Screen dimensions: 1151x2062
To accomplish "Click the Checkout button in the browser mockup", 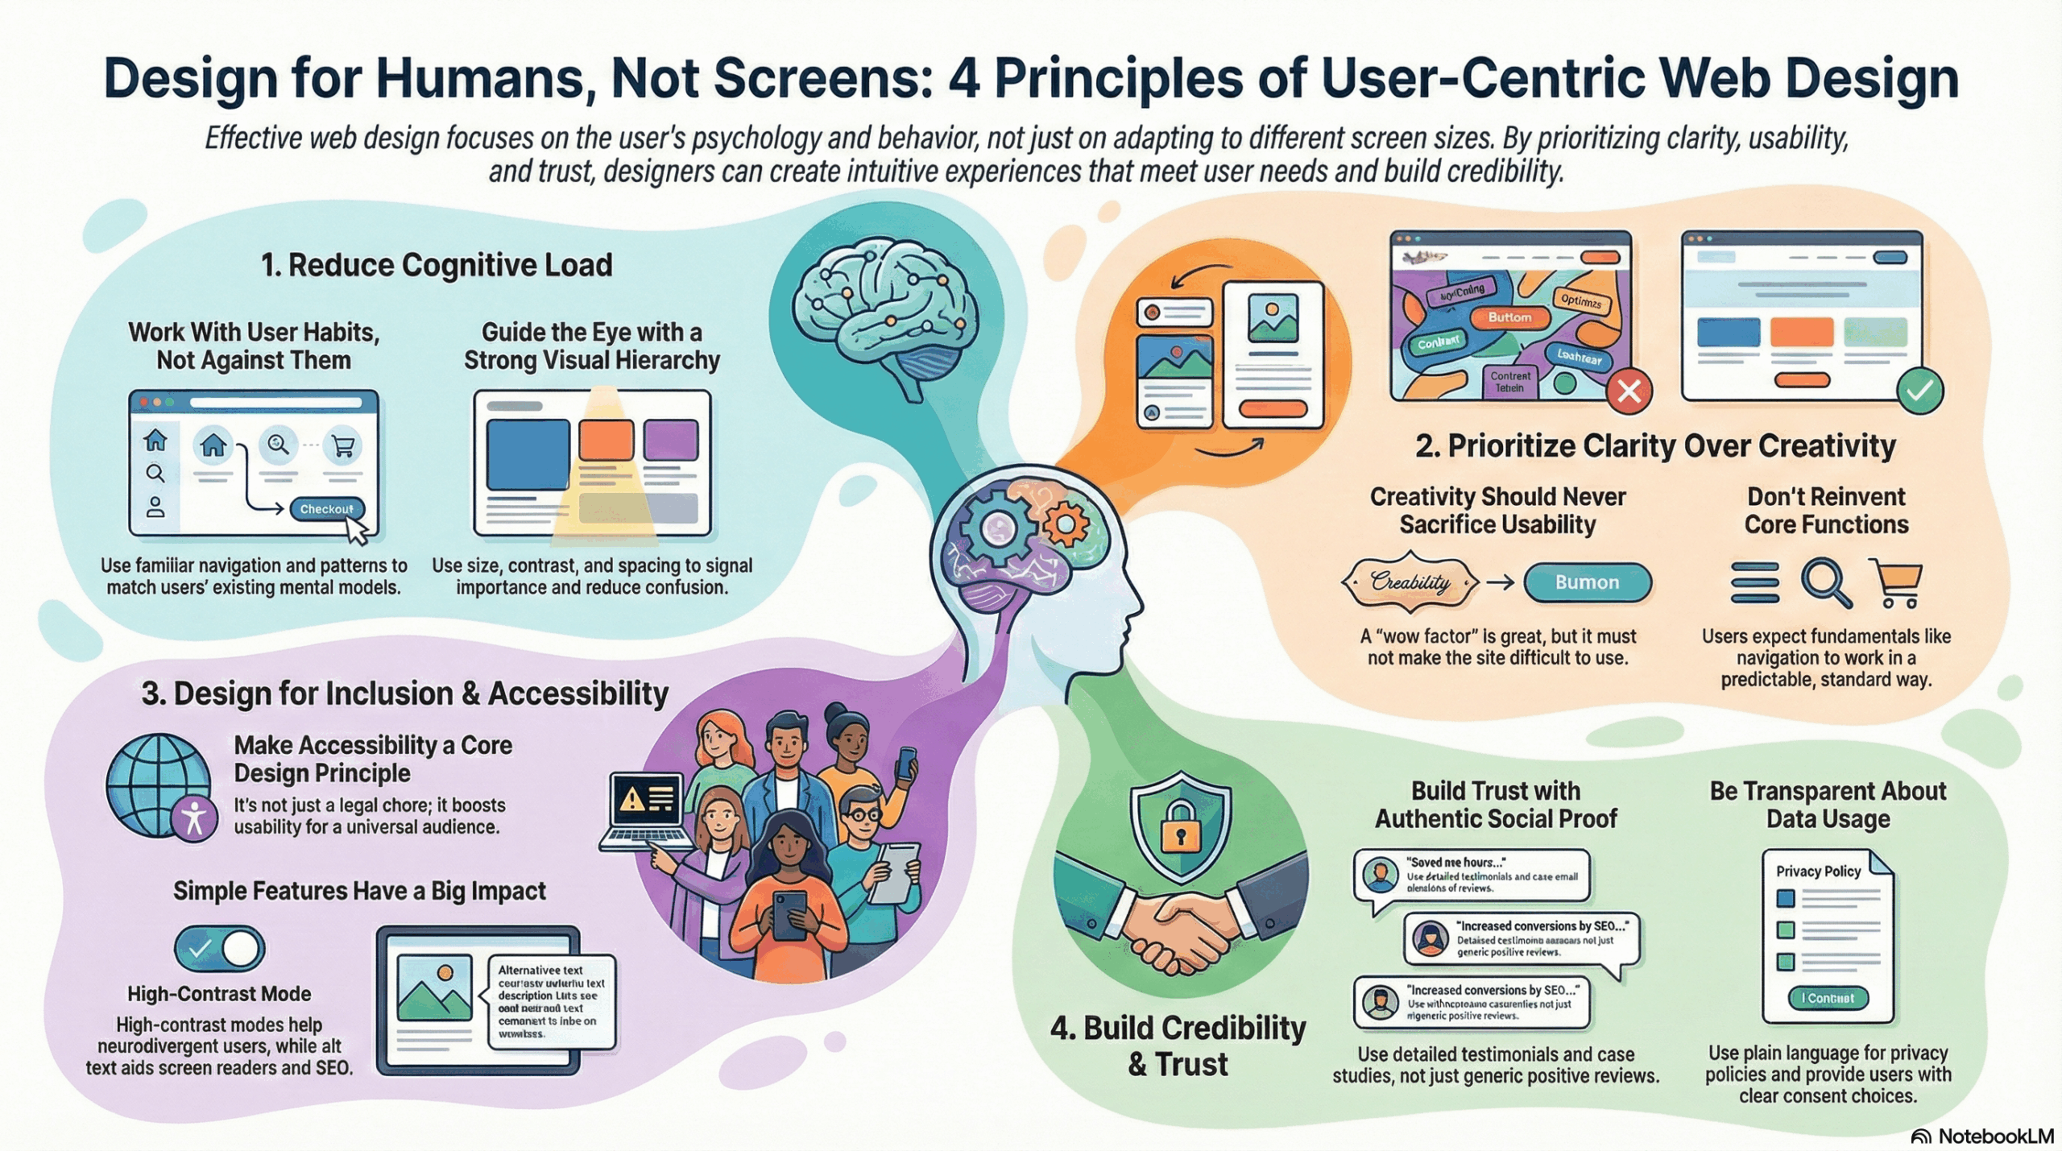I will tap(326, 509).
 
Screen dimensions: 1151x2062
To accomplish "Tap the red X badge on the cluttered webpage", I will tap(1629, 391).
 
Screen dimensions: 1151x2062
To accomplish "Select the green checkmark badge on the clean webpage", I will tap(1920, 391).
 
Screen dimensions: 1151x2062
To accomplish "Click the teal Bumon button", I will tap(1587, 582).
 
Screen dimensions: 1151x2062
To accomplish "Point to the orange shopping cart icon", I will tap(1898, 583).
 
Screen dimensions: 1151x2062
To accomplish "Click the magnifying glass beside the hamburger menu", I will tap(1826, 582).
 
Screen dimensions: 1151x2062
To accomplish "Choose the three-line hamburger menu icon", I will tap(1755, 582).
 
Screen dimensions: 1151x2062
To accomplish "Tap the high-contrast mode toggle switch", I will tap(219, 949).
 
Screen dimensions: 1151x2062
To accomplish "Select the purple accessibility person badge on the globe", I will tap(194, 819).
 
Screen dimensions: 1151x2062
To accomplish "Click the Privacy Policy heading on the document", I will tap(1819, 872).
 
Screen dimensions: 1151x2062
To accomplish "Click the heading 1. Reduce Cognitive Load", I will tap(436, 265).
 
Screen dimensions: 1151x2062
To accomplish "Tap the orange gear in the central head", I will tap(1066, 524).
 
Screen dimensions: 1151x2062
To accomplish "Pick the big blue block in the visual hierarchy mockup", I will tap(528, 454).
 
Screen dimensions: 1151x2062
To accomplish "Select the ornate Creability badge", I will tap(1410, 582).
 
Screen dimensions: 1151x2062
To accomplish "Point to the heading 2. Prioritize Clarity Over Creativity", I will tap(1655, 445).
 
